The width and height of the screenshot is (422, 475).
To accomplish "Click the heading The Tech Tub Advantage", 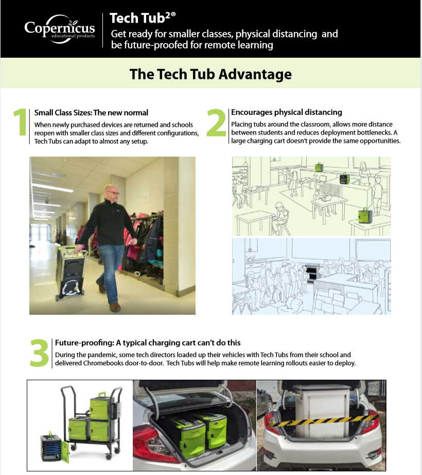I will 210,74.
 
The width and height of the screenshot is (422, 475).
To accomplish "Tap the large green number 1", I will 20,123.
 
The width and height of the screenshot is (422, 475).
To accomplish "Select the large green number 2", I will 216,123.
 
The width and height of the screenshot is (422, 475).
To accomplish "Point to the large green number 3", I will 39,353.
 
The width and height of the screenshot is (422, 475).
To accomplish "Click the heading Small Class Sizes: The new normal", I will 91,113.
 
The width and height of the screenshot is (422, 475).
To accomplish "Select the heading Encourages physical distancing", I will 287,112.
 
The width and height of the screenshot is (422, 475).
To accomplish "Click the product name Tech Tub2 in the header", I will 143,19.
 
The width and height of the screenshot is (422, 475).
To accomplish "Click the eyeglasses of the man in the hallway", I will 113,193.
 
